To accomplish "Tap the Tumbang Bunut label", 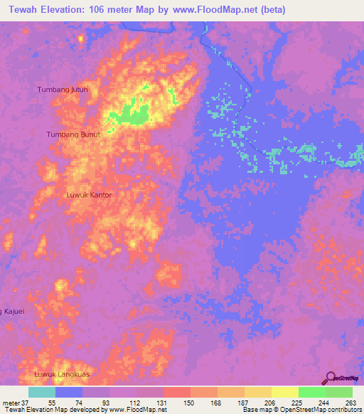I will [x=70, y=134].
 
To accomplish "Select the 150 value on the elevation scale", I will [x=190, y=402].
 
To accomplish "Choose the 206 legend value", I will [x=271, y=402].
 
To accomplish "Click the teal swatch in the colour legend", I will [x=41, y=392].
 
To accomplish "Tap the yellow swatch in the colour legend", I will [x=284, y=392].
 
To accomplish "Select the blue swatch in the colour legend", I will [x=68, y=392].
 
